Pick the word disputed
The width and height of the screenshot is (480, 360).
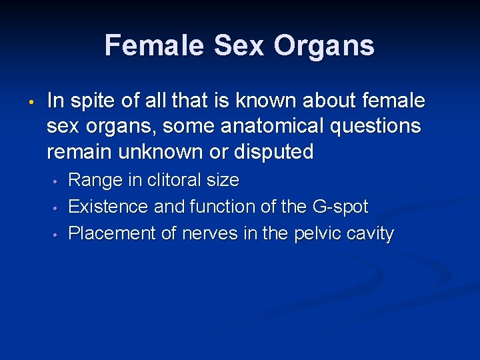coord(274,151)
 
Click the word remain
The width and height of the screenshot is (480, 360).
coord(79,151)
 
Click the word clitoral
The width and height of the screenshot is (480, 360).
coord(175,181)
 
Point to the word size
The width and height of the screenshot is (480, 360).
coord(224,181)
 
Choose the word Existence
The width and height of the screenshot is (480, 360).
coord(109,207)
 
